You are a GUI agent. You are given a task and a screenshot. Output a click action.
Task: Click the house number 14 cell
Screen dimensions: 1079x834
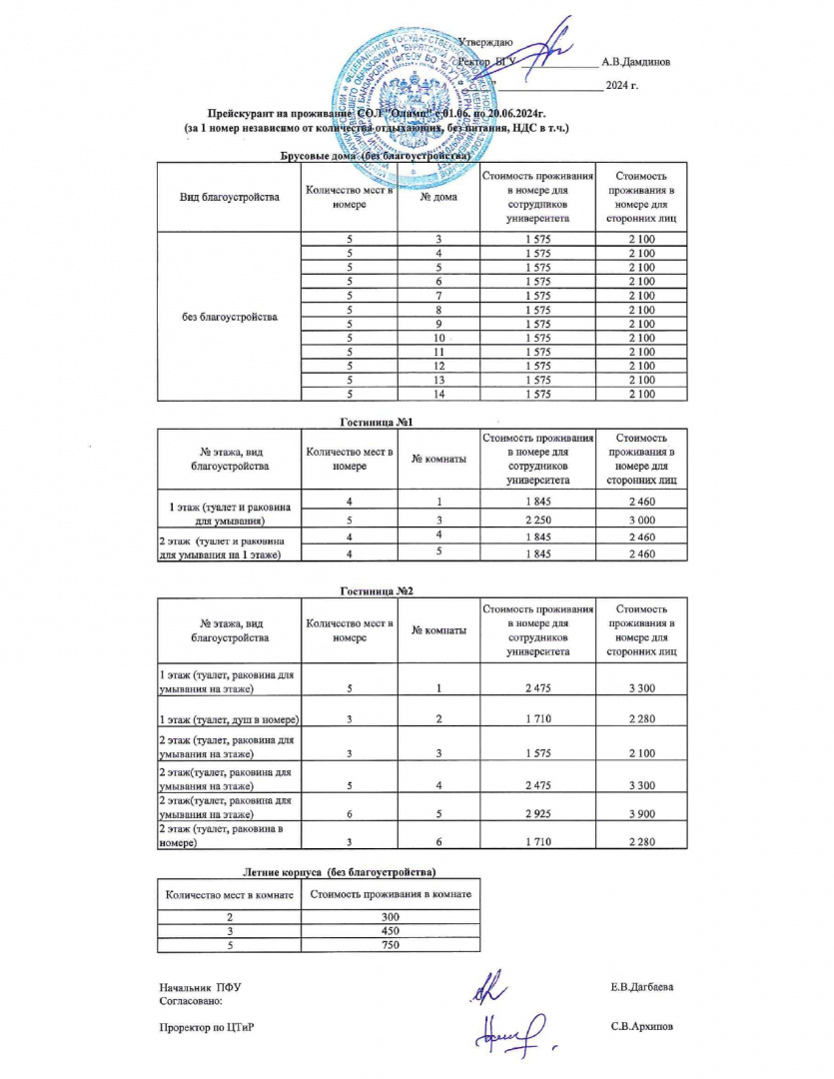click(x=438, y=394)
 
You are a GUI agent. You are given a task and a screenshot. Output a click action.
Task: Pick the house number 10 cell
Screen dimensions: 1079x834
click(x=438, y=338)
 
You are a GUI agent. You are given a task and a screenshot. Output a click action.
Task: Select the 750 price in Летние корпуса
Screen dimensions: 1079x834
click(x=391, y=945)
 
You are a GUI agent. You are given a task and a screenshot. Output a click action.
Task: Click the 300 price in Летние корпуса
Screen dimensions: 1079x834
click(x=391, y=916)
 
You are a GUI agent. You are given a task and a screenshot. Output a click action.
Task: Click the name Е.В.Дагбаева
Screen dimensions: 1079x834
click(x=641, y=987)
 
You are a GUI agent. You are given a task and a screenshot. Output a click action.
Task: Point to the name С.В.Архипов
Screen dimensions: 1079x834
click(x=640, y=1026)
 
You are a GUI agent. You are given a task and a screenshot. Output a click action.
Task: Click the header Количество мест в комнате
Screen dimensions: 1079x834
click(x=230, y=894)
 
